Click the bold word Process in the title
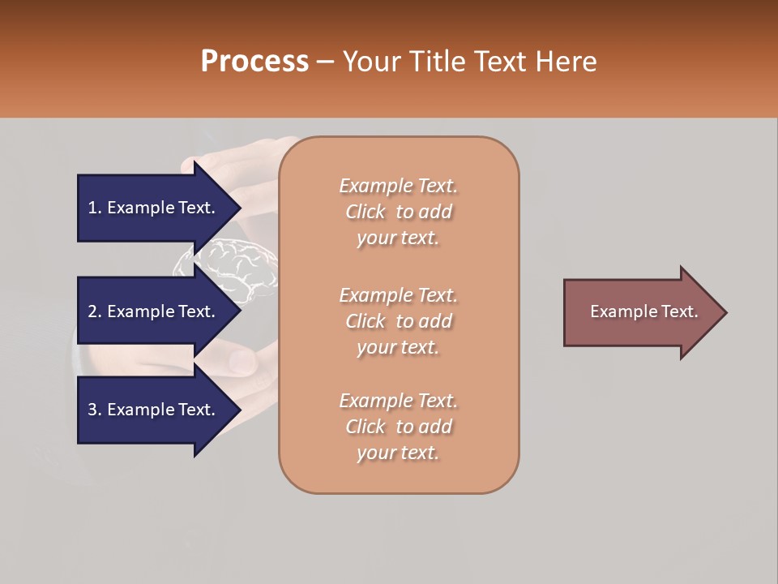[x=254, y=62]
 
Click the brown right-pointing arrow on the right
[x=640, y=312]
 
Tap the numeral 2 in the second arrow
[x=92, y=311]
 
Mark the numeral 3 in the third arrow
[x=92, y=410]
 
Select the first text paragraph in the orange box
[x=399, y=212]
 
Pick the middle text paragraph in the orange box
[x=399, y=321]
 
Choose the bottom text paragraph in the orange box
[x=399, y=427]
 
